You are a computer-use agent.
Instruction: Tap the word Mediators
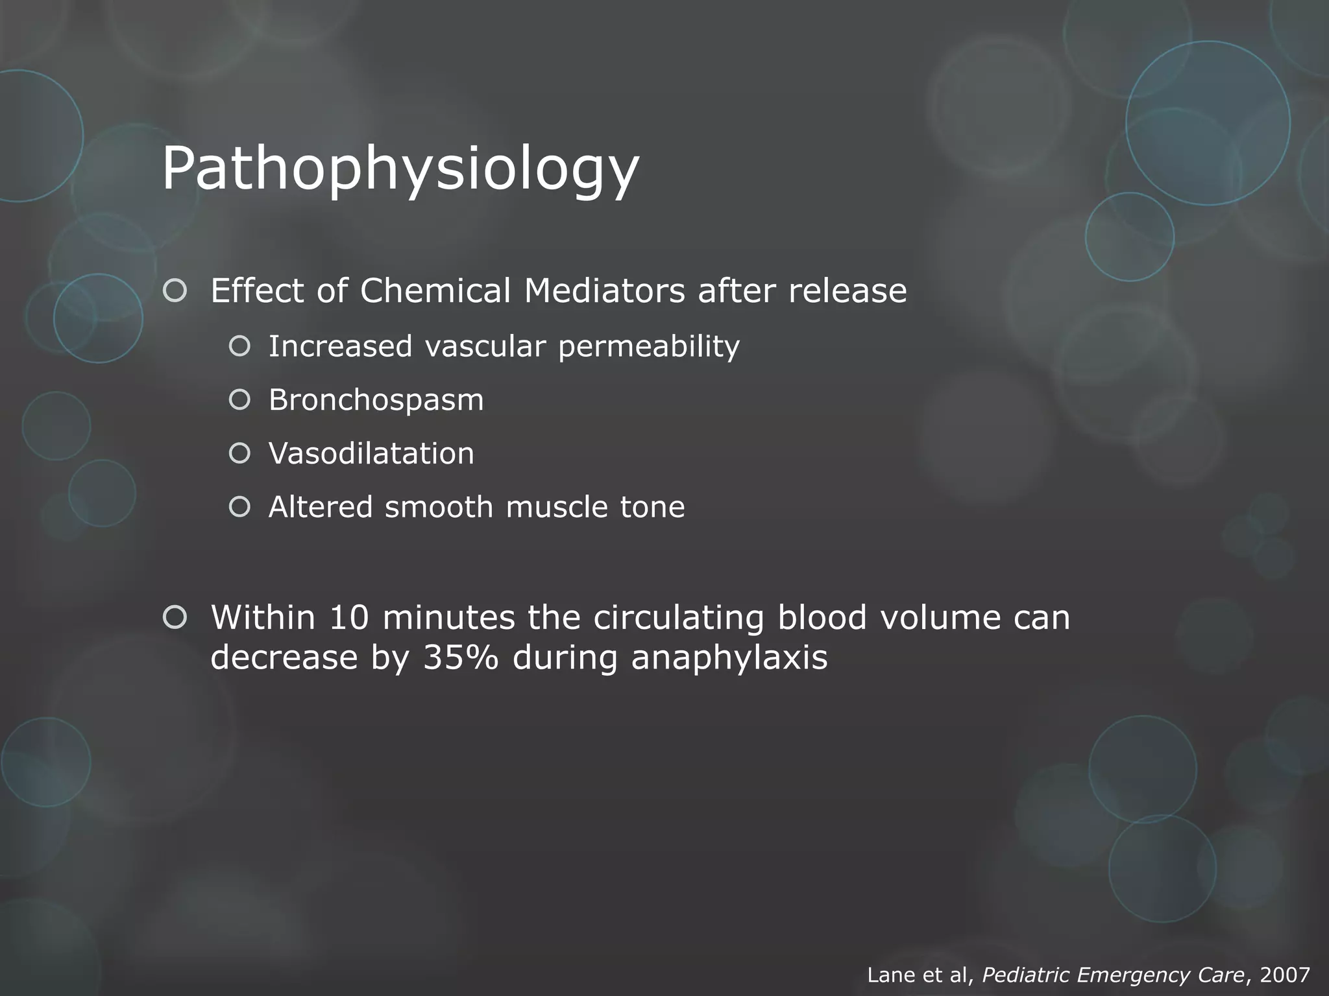click(x=604, y=291)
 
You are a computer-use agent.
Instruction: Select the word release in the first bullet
click(x=847, y=291)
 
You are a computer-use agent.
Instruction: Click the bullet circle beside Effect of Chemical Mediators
click(x=175, y=291)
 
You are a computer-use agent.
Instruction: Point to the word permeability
click(x=648, y=347)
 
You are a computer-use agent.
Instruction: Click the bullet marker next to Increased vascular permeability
click(x=239, y=346)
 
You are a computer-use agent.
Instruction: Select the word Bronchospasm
click(x=376, y=400)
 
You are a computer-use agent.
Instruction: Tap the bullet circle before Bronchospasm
click(x=239, y=400)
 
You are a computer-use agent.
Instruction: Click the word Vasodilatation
click(x=371, y=453)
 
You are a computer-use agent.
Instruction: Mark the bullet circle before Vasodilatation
click(x=239, y=453)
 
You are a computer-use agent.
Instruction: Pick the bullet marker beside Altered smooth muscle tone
click(x=239, y=507)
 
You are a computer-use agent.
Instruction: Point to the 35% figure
click(x=460, y=658)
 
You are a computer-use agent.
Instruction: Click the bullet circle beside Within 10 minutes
click(x=175, y=617)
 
